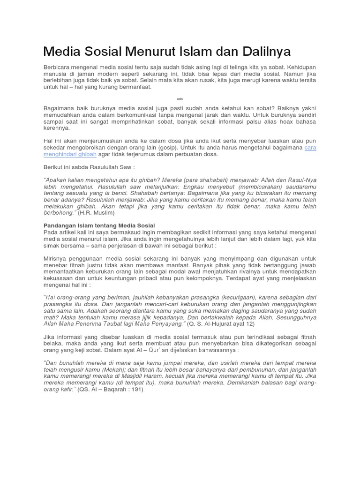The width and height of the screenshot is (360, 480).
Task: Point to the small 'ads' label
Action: click(180, 99)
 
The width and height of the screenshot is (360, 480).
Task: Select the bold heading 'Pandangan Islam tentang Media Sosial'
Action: click(99, 226)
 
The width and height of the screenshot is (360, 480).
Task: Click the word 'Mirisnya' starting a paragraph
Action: click(57, 258)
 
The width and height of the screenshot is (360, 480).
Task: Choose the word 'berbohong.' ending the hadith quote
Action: click(60, 212)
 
